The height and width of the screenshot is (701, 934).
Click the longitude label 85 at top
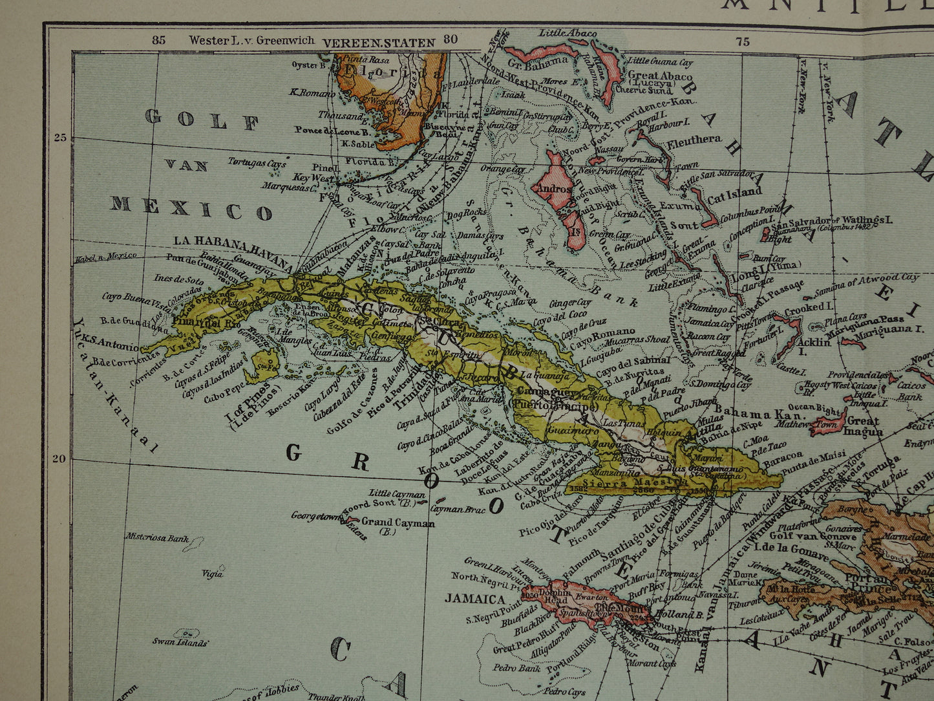tap(158, 40)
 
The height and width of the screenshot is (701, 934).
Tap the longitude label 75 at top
tap(743, 41)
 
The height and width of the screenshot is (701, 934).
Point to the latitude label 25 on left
tap(61, 137)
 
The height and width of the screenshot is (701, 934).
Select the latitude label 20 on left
tap(59, 459)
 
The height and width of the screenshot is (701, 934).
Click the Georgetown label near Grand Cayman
tap(316, 516)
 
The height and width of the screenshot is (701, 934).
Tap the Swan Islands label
tap(180, 642)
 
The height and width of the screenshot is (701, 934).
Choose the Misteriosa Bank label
tap(158, 537)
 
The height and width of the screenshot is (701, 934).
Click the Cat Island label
tap(735, 193)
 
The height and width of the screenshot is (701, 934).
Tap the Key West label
tap(313, 177)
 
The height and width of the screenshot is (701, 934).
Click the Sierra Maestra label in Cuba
tap(625, 482)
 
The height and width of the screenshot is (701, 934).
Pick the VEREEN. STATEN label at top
tap(379, 43)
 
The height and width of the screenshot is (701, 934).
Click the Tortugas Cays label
tap(257, 163)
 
